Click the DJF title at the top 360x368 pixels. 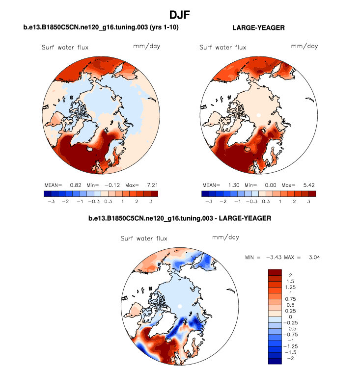(180, 15)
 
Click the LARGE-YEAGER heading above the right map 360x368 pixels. (258, 28)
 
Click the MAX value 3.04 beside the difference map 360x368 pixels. (313, 257)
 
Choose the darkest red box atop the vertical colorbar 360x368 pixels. (275, 272)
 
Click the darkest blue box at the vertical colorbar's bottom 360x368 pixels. (275, 361)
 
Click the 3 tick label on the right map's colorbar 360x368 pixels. (309, 201)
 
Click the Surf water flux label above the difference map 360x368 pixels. (144, 238)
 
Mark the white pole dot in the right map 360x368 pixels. (258, 115)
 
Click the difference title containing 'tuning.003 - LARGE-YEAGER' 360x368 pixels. (180, 218)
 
